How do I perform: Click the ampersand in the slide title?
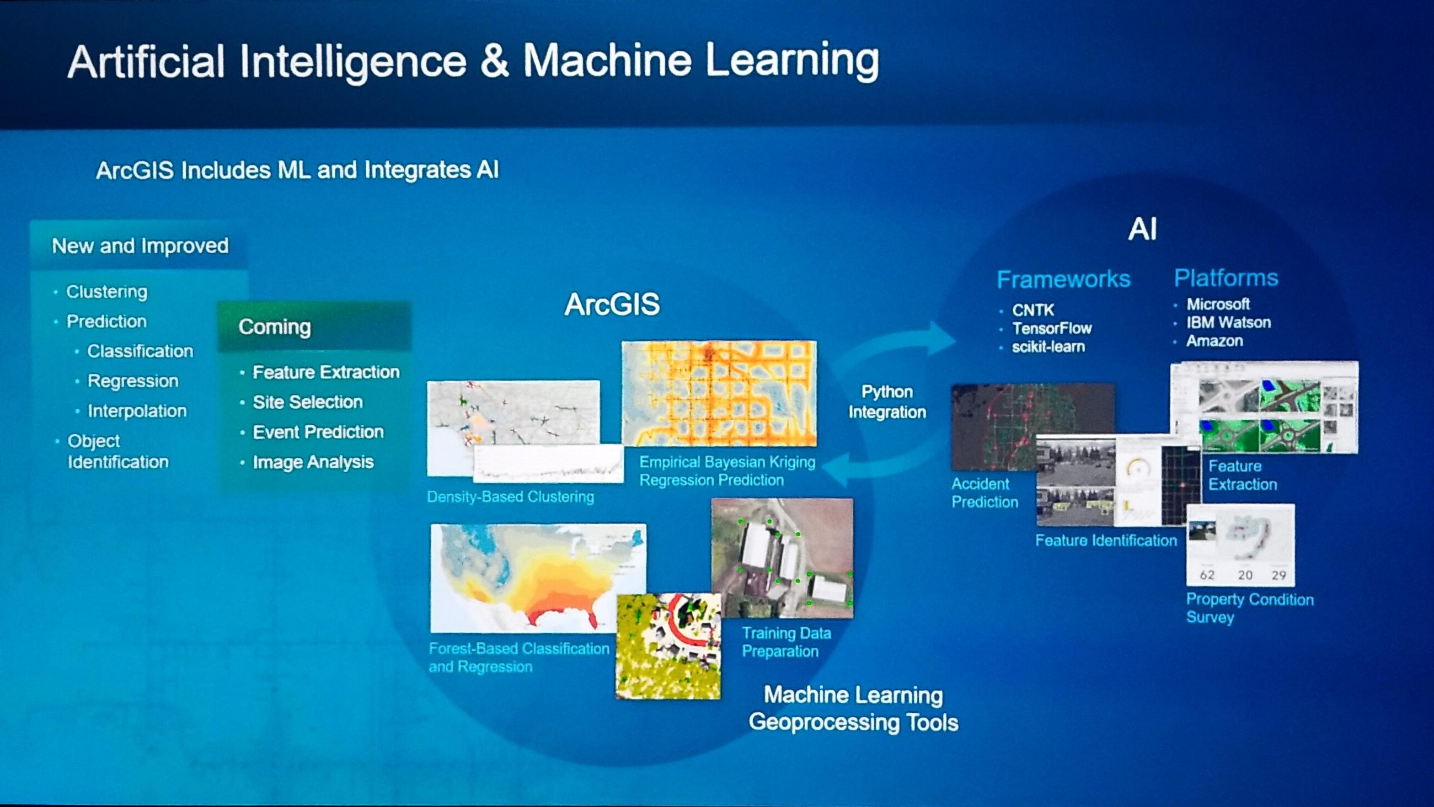click(x=494, y=61)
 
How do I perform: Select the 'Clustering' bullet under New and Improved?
click(x=107, y=292)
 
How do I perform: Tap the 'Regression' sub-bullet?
click(x=133, y=381)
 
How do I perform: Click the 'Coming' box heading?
click(x=275, y=327)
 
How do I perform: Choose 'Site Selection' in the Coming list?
click(x=308, y=402)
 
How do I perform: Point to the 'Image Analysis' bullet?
click(x=313, y=462)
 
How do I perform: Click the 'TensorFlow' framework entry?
click(x=1052, y=329)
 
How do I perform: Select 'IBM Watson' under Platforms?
click(x=1229, y=323)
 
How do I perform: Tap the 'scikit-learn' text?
click(x=1048, y=347)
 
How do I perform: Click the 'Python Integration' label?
click(x=887, y=402)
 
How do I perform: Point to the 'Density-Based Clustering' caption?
click(x=511, y=497)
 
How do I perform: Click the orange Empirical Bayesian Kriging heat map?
click(x=719, y=393)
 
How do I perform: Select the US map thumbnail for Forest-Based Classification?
click(x=538, y=578)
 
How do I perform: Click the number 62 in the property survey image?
click(x=1207, y=575)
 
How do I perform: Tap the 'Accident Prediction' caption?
click(x=984, y=493)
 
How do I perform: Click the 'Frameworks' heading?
click(x=1063, y=279)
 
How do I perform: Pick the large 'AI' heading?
click(x=1142, y=229)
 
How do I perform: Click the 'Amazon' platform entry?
click(x=1214, y=341)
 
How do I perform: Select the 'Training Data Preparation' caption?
click(x=786, y=642)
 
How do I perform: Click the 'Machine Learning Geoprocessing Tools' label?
click(x=853, y=708)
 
